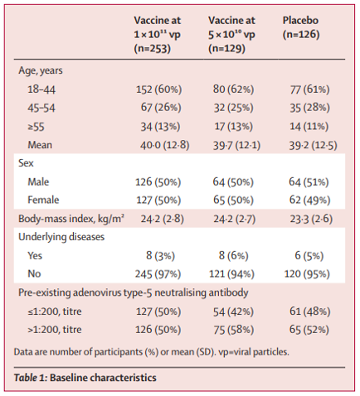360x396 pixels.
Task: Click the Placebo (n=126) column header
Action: (x=301, y=27)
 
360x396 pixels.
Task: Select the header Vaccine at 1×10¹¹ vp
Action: (x=158, y=34)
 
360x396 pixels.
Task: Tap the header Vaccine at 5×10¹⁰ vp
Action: (x=231, y=34)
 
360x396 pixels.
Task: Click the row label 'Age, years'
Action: (x=41, y=70)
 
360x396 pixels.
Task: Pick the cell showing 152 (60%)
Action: (x=158, y=89)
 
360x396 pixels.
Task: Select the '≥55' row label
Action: (x=36, y=127)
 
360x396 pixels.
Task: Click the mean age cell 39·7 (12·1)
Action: (x=236, y=145)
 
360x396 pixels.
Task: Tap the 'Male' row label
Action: (x=38, y=182)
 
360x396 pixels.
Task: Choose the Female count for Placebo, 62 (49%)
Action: (x=309, y=200)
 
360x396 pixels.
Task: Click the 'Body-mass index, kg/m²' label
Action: (x=71, y=219)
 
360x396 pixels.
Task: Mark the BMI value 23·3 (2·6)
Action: (x=311, y=219)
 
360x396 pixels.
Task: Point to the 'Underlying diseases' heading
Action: (x=61, y=237)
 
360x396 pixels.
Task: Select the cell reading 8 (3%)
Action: (x=160, y=256)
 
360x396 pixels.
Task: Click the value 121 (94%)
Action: (x=231, y=274)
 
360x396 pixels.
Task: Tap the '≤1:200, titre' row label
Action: (x=55, y=311)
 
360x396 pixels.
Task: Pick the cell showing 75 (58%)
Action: (x=233, y=330)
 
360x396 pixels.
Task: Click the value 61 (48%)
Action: (x=309, y=311)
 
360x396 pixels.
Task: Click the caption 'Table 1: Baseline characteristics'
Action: (x=85, y=378)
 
